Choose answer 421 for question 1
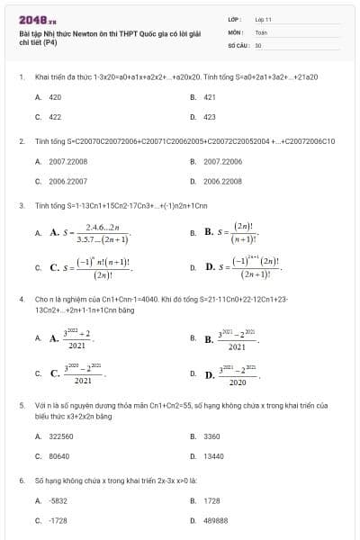click(209, 96)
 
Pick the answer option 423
click(209, 117)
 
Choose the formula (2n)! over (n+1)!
click(241, 233)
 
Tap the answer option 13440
click(212, 456)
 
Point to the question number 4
click(21, 298)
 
